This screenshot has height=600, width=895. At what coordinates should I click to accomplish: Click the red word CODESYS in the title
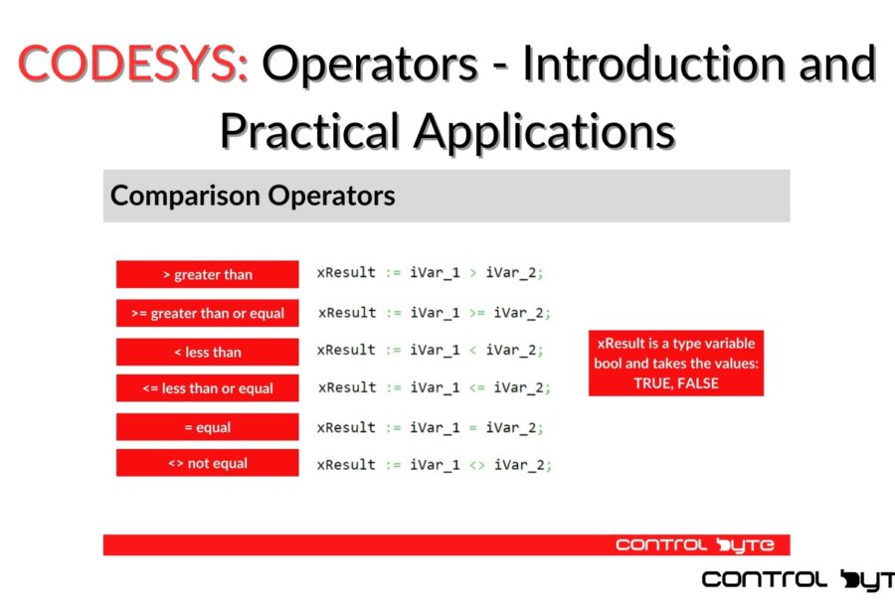click(x=133, y=64)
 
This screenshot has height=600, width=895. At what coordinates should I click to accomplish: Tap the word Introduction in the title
click(x=656, y=63)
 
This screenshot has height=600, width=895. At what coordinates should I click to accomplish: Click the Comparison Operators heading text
click(x=253, y=196)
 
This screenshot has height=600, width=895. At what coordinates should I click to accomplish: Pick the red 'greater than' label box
click(x=207, y=274)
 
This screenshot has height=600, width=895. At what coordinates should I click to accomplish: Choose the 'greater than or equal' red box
click(x=207, y=313)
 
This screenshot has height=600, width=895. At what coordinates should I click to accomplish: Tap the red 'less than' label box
click(x=207, y=352)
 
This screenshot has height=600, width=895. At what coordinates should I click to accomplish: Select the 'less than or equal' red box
click(x=207, y=388)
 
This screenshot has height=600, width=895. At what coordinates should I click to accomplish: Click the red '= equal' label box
click(x=207, y=427)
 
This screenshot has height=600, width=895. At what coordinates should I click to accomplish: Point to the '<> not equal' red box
click(x=207, y=463)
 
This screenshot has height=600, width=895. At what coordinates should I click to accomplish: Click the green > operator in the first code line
click(x=472, y=273)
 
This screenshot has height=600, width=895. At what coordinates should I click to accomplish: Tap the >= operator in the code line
click(x=476, y=313)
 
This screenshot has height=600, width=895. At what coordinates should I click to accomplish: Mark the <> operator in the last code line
click(x=476, y=466)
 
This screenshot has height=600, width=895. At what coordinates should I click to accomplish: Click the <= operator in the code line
click(x=476, y=388)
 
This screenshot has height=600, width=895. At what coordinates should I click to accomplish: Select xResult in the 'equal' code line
click(x=346, y=427)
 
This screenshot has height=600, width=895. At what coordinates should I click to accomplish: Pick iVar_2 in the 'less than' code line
click(x=511, y=351)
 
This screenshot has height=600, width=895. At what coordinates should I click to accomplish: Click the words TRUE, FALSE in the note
click(x=676, y=383)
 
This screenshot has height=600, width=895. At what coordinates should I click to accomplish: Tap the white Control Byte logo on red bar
click(x=695, y=545)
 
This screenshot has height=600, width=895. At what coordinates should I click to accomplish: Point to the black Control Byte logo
click(x=798, y=580)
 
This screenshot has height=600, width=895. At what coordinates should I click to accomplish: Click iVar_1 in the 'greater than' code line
click(x=435, y=273)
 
